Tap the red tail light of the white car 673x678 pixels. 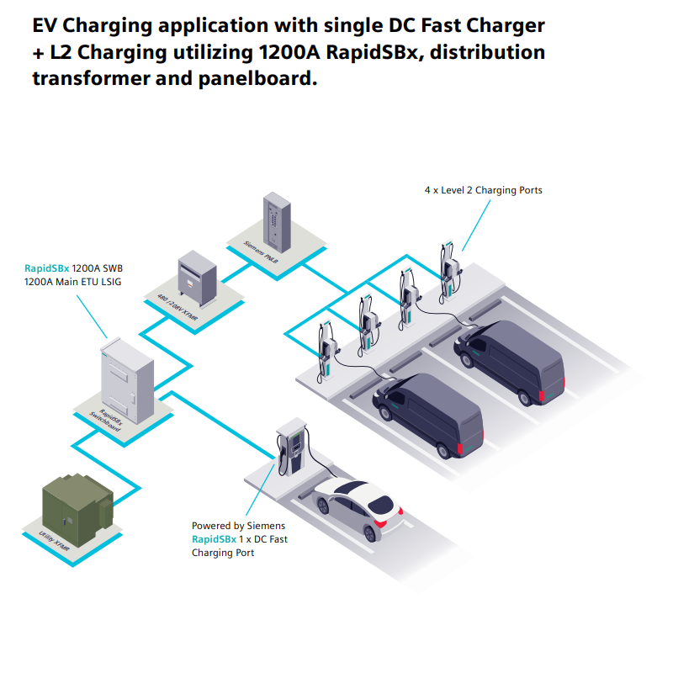tap(380, 522)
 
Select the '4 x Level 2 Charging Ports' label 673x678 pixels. tap(483, 190)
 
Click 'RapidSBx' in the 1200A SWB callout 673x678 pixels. tap(46, 268)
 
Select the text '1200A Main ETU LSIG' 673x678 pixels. tap(73, 282)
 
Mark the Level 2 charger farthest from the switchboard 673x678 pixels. tap(450, 267)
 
